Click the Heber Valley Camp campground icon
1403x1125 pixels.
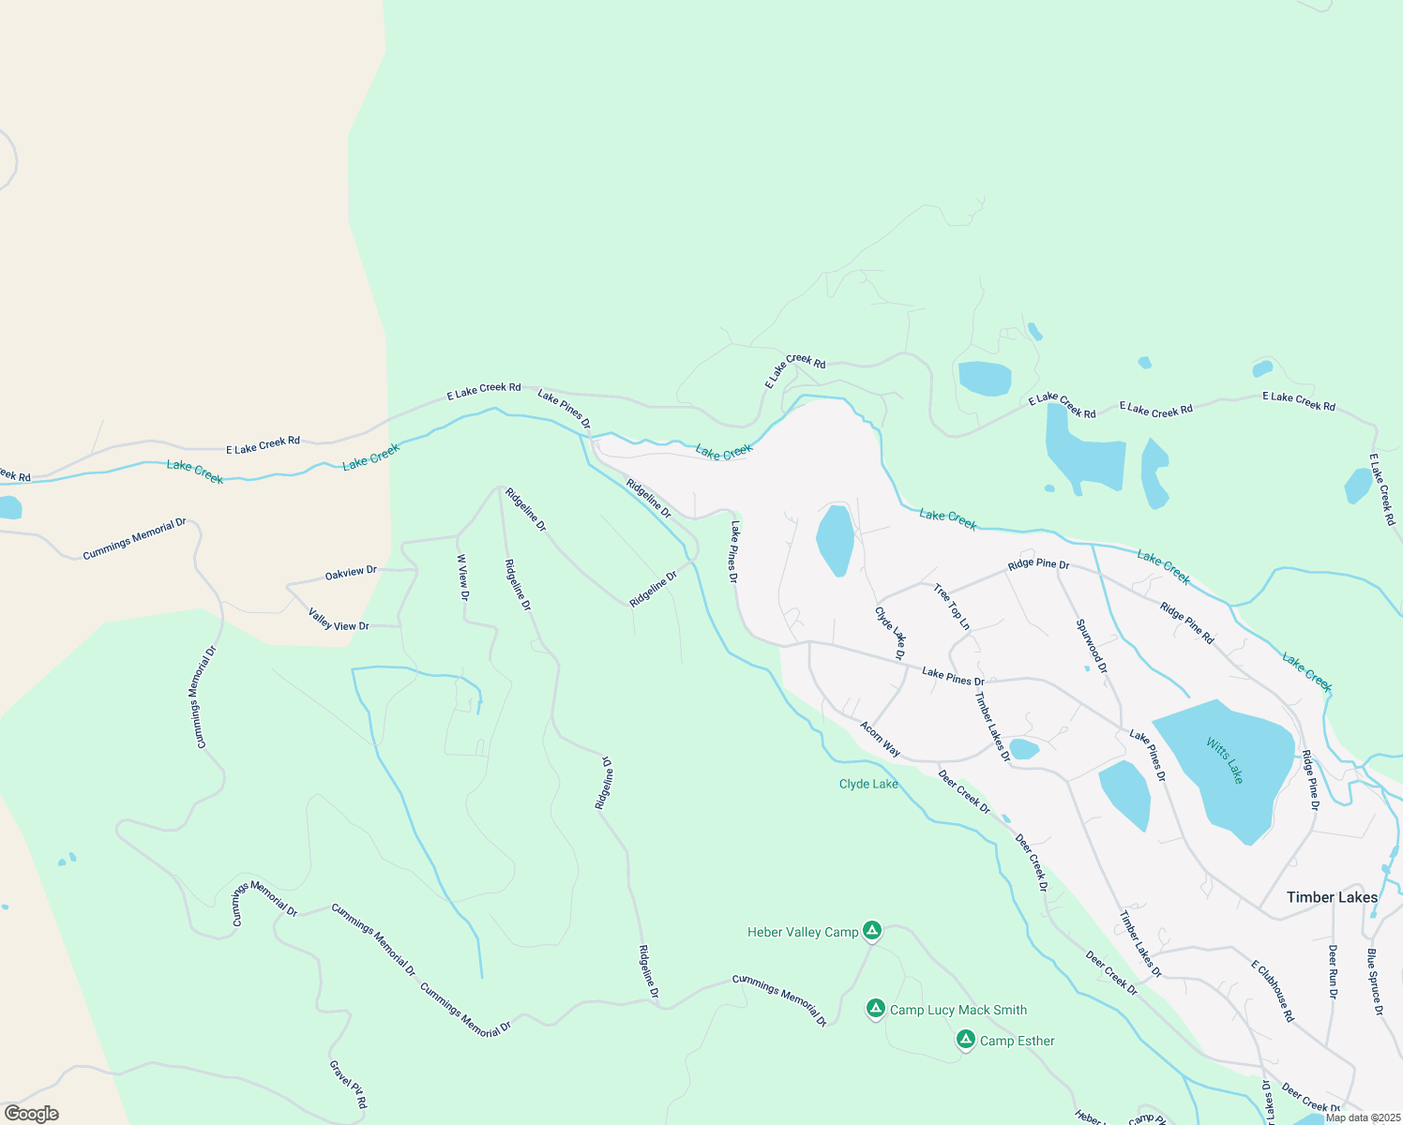(872, 931)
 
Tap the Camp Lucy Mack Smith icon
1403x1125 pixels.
(875, 1009)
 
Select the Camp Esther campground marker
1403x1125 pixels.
(966, 1040)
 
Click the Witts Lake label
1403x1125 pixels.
(1225, 761)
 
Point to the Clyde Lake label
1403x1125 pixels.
(868, 784)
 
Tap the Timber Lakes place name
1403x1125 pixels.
(1332, 897)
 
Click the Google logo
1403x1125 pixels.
(31, 1114)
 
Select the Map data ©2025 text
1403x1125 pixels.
(1362, 1117)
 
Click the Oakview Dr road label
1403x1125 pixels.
(351, 572)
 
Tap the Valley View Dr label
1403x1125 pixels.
(339, 620)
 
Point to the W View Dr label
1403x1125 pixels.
(462, 577)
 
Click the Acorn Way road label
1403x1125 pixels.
(881, 739)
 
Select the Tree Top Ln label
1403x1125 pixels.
(951, 607)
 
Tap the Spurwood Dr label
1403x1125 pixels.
(1092, 646)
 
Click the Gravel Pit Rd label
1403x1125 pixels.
(347, 1085)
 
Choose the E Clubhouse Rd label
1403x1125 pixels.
(1273, 990)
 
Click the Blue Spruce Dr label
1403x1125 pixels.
(1374, 982)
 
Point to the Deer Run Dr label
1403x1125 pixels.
(1333, 971)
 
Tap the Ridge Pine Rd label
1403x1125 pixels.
(1186, 623)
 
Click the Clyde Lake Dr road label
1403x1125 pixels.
(890, 633)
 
